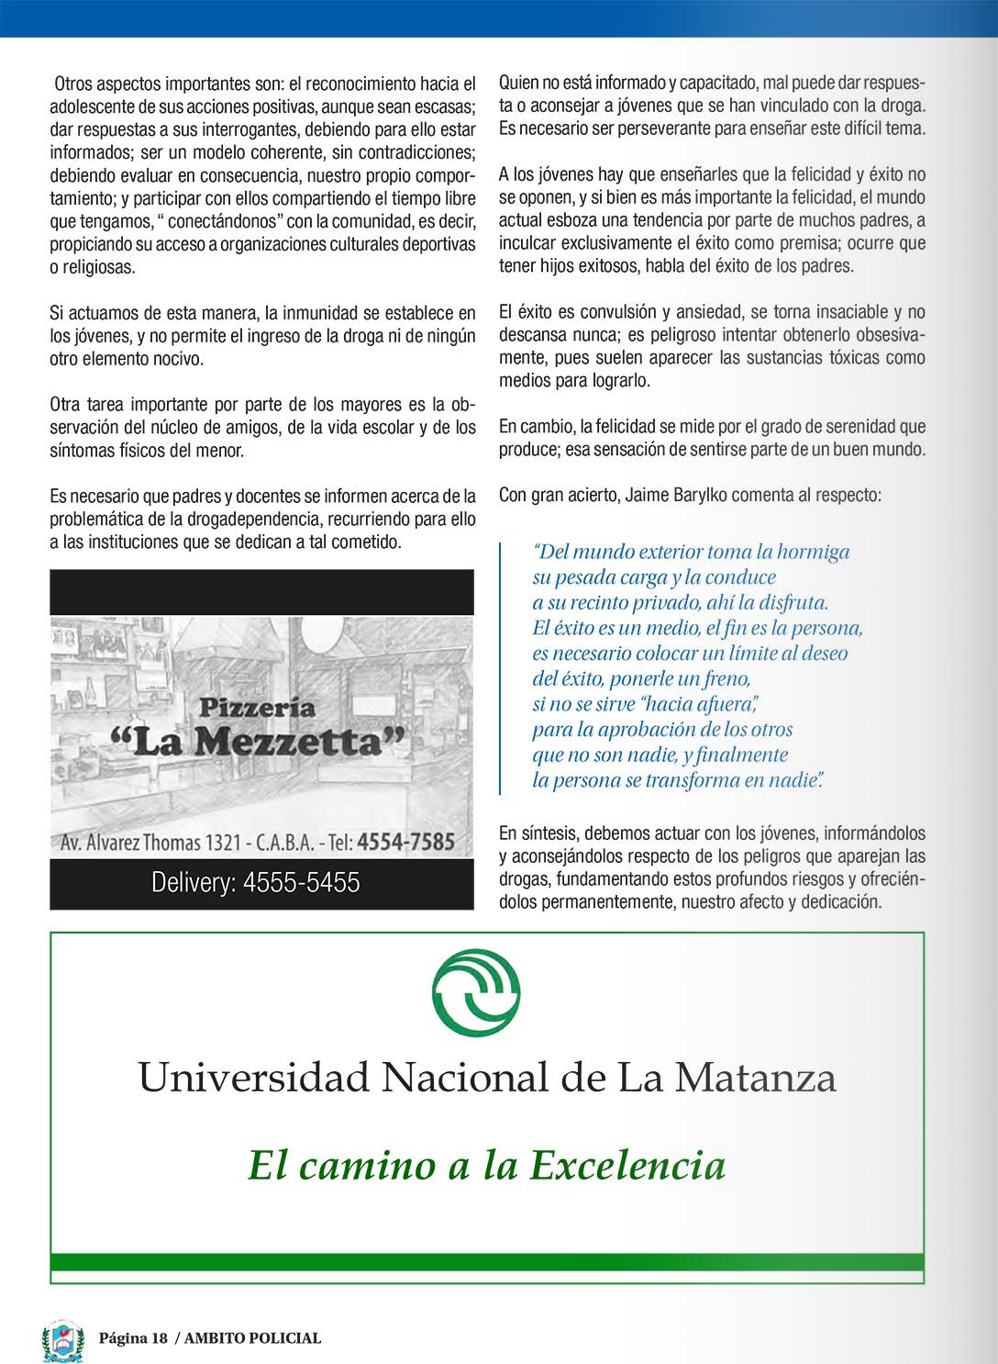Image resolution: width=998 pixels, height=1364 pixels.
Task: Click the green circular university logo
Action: point(476,990)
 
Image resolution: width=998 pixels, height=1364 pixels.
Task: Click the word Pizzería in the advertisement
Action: point(257,707)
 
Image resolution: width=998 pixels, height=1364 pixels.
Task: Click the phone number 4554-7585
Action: point(405,842)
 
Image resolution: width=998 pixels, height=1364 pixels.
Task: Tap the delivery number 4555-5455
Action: point(301,883)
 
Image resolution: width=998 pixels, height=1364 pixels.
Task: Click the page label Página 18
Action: point(133,1338)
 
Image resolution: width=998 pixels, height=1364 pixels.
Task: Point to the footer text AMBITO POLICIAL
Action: point(252,1338)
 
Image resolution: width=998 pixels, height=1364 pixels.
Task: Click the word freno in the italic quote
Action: point(726,679)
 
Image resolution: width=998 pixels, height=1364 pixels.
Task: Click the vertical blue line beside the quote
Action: point(501,667)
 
